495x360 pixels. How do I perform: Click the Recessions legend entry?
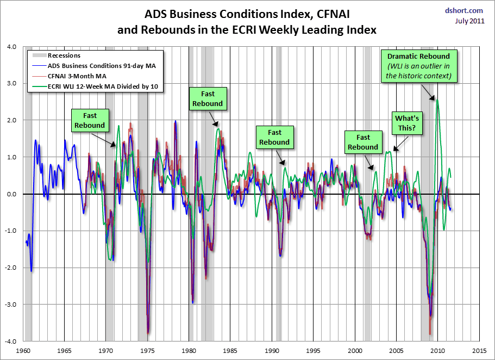(64, 55)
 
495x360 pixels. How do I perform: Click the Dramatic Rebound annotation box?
(418, 66)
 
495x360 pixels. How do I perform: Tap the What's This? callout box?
(406, 123)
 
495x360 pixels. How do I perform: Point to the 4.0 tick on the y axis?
(12, 46)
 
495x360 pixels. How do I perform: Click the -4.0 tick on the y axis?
(11, 342)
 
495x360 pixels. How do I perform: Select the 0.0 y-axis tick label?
(12, 194)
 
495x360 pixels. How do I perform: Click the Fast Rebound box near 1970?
(90, 121)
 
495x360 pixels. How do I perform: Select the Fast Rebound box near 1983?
(208, 98)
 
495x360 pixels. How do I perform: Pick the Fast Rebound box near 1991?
(274, 137)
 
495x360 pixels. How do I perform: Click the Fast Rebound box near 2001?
(363, 142)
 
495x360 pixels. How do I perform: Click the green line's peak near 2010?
(438, 100)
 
